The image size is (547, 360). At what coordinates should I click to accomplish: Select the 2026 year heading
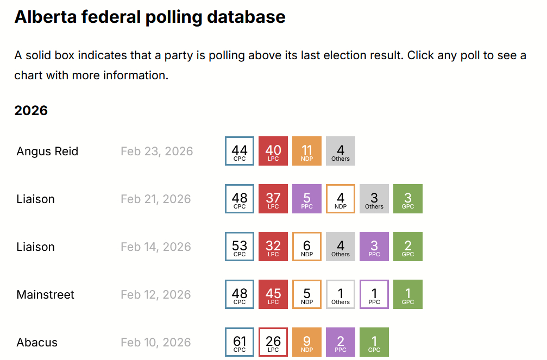[x=31, y=111]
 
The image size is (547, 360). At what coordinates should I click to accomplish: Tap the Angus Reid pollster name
[x=47, y=151]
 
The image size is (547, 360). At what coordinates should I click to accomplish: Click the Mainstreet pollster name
[x=45, y=294]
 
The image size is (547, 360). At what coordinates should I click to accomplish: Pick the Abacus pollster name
[x=37, y=342]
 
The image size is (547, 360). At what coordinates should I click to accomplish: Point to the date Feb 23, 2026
[x=156, y=151]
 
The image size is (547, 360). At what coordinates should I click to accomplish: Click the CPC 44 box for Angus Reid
[x=240, y=151]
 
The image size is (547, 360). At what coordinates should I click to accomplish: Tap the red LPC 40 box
[x=273, y=151]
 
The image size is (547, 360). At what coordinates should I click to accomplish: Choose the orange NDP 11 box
[x=307, y=151]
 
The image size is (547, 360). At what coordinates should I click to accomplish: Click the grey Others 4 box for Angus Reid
[x=341, y=151]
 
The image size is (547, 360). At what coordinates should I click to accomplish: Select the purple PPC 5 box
[x=307, y=199]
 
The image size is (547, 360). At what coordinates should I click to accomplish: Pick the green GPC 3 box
[x=408, y=199]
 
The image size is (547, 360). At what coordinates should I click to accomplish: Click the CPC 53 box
[x=240, y=247]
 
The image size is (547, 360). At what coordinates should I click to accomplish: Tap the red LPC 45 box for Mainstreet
[x=273, y=294]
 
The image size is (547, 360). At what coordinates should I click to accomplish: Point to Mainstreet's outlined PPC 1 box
[x=374, y=294]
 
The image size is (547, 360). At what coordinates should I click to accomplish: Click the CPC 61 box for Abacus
[x=240, y=342]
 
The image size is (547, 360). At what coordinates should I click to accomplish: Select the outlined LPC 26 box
[x=273, y=342]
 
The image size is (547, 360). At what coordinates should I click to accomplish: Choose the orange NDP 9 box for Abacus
[x=307, y=342]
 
